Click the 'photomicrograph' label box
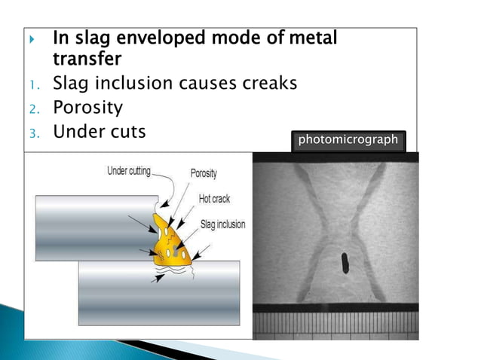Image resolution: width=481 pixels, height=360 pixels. tap(348, 141)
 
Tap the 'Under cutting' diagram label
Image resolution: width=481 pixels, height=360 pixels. tap(129, 171)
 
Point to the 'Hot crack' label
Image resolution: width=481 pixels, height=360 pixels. tap(215, 199)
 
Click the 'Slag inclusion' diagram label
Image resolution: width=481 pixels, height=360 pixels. tap(223, 224)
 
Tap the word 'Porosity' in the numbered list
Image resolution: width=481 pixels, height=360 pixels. tap(87, 108)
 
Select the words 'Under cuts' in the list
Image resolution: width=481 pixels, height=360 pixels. tap(99, 132)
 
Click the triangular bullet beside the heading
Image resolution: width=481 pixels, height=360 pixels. tap(31, 38)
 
